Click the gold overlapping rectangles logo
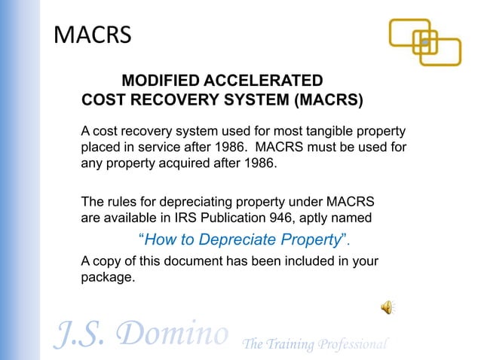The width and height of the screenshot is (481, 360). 424,42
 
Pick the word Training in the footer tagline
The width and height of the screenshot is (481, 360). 293,344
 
